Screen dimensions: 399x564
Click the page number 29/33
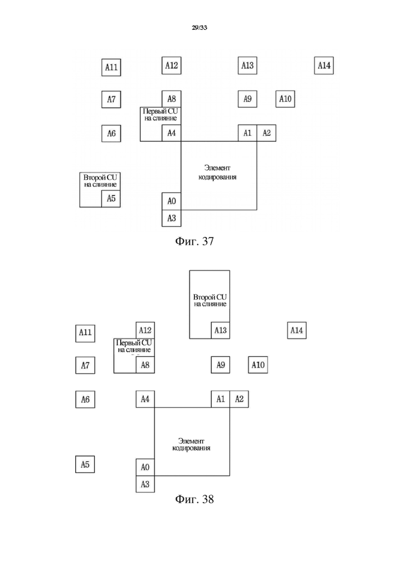coord(199,28)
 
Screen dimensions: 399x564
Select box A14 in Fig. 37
coord(324,65)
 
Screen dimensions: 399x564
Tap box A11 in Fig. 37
coord(111,67)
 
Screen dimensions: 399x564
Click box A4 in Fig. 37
coord(171,133)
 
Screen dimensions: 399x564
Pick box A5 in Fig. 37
coord(111,198)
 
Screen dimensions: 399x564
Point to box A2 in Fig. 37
coord(266,133)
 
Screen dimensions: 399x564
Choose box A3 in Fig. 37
coord(171,218)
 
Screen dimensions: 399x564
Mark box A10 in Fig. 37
coord(285,99)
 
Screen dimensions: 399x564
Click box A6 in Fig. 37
coord(111,133)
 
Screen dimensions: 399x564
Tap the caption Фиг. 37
coord(194,241)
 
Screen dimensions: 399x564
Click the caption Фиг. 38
coord(194,499)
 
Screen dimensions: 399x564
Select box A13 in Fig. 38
coord(220,330)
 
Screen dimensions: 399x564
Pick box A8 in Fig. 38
coord(145,365)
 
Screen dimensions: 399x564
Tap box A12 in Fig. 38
coord(145,330)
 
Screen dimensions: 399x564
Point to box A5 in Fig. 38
coord(85,464)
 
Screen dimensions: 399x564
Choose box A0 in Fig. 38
coord(145,467)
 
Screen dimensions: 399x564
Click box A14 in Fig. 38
coord(297,330)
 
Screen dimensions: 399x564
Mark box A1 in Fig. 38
coord(220,399)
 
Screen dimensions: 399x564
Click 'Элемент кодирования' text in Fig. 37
coord(217,172)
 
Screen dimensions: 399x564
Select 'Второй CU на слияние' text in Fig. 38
coord(210,300)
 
